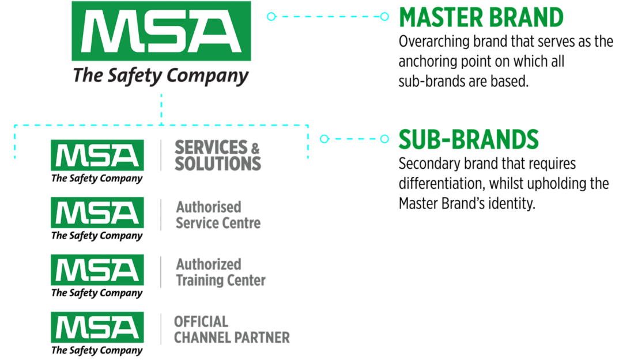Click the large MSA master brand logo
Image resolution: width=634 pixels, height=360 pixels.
click(x=161, y=32)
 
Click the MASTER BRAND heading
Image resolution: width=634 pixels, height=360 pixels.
click(x=481, y=18)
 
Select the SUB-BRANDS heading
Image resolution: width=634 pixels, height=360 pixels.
click(x=469, y=139)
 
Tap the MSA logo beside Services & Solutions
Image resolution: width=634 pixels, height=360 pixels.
click(x=97, y=156)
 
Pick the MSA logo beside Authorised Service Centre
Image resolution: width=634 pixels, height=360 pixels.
click(x=97, y=213)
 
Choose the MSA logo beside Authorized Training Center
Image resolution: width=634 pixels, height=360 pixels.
click(x=97, y=270)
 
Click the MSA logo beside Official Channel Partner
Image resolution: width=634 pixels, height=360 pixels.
click(x=97, y=327)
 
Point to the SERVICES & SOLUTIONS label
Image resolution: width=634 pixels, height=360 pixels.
click(x=218, y=156)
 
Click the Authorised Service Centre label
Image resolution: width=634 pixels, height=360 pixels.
click(x=218, y=215)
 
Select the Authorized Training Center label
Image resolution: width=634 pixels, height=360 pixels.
click(x=220, y=272)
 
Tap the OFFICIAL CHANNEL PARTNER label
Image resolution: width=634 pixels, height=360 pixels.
click(x=232, y=329)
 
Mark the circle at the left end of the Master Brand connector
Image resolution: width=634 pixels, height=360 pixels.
click(x=271, y=17)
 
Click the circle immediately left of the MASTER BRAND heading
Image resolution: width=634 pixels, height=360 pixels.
click(x=384, y=17)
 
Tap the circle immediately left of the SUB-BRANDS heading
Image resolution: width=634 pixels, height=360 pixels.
click(x=384, y=138)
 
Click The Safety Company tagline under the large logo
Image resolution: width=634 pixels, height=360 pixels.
click(x=161, y=75)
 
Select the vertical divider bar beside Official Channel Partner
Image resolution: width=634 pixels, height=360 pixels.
click(x=161, y=328)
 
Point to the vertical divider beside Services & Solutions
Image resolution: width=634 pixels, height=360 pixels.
click(x=161, y=156)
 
